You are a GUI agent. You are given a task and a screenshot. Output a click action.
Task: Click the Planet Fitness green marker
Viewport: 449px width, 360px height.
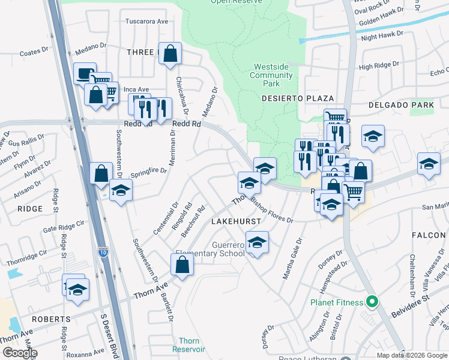point(372,302)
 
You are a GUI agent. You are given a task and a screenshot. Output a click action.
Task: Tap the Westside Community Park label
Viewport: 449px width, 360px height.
point(271,75)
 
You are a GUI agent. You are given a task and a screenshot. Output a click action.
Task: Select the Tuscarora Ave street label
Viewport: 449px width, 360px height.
point(146,21)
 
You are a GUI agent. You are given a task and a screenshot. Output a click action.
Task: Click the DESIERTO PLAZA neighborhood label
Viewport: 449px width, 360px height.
point(310,98)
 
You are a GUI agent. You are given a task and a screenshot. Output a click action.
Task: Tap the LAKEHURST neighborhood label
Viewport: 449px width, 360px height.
point(236,221)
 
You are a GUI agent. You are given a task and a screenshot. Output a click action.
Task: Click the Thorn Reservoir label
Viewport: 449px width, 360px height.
point(188,345)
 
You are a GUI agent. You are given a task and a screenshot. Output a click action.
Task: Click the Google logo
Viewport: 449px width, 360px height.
point(19,353)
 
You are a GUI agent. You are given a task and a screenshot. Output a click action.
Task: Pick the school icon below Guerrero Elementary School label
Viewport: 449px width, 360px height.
point(257,242)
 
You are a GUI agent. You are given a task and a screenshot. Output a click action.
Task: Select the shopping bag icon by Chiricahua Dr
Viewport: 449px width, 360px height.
point(170,53)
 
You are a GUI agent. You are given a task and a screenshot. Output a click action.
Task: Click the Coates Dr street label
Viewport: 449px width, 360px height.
point(34,53)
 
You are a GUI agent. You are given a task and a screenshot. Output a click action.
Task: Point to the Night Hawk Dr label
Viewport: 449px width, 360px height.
point(379,37)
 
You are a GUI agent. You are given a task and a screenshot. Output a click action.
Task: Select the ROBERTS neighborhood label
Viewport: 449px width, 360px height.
point(51,319)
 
